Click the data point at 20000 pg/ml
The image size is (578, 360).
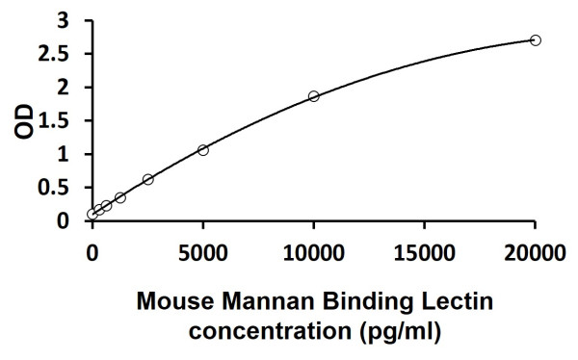tap(536, 40)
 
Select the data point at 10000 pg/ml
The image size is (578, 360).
tap(314, 96)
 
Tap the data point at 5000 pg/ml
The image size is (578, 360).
tap(203, 150)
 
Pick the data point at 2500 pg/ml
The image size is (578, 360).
tap(147, 179)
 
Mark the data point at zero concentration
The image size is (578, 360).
tap(92, 215)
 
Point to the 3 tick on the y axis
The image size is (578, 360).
tap(63, 20)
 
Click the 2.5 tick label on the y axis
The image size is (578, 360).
tap(55, 54)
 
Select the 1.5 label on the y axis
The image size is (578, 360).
tap(55, 120)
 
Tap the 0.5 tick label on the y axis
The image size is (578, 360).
tap(55, 188)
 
